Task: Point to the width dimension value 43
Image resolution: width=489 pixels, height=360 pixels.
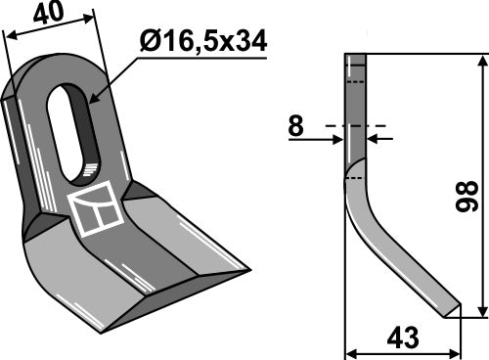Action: click(x=403, y=337)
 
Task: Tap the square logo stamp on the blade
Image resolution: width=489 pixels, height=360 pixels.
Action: click(x=96, y=211)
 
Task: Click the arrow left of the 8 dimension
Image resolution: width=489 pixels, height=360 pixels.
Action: click(x=338, y=139)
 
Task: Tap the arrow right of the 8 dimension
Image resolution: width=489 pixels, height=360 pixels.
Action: click(x=376, y=139)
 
